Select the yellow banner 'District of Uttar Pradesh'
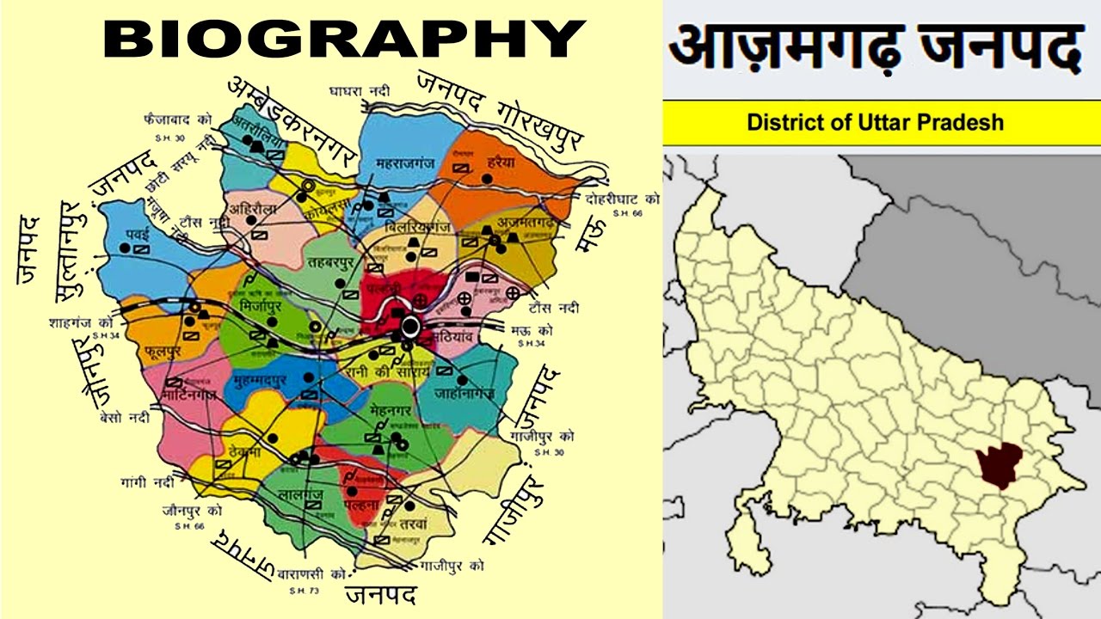click(x=875, y=121)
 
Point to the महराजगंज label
click(x=407, y=162)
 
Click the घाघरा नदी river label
click(x=359, y=90)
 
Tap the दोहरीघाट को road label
click(x=623, y=199)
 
